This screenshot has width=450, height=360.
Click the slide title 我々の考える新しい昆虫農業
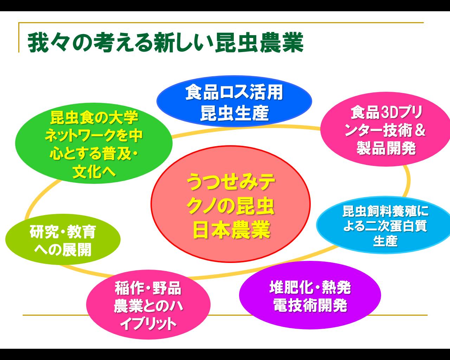coord(165,43)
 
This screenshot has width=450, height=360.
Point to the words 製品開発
coord(386,148)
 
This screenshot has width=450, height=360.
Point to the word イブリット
coord(148,324)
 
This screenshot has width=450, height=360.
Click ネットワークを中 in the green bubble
coord(94,136)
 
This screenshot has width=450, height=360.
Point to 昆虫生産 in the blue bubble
coord(234,113)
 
